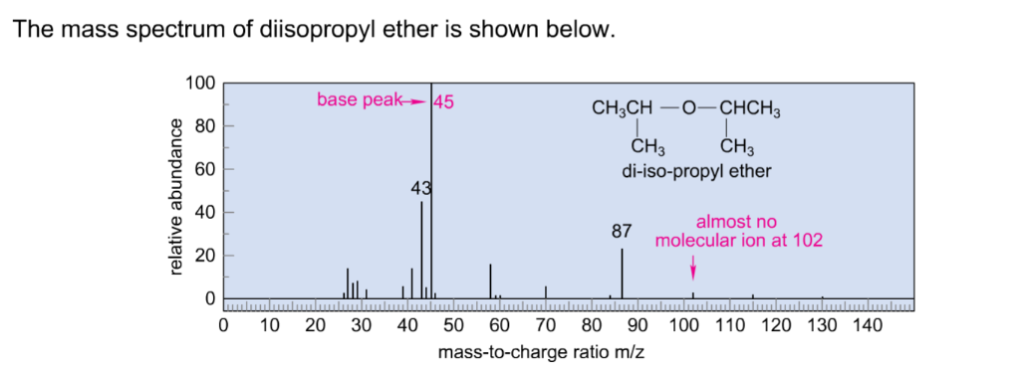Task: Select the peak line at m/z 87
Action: [623, 274]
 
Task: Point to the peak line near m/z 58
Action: [490, 282]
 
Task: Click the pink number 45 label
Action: [444, 100]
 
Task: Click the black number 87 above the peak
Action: [622, 231]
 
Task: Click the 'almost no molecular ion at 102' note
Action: [737, 231]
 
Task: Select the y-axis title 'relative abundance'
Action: [176, 196]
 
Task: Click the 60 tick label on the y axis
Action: [203, 169]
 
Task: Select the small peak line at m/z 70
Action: [546, 291]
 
